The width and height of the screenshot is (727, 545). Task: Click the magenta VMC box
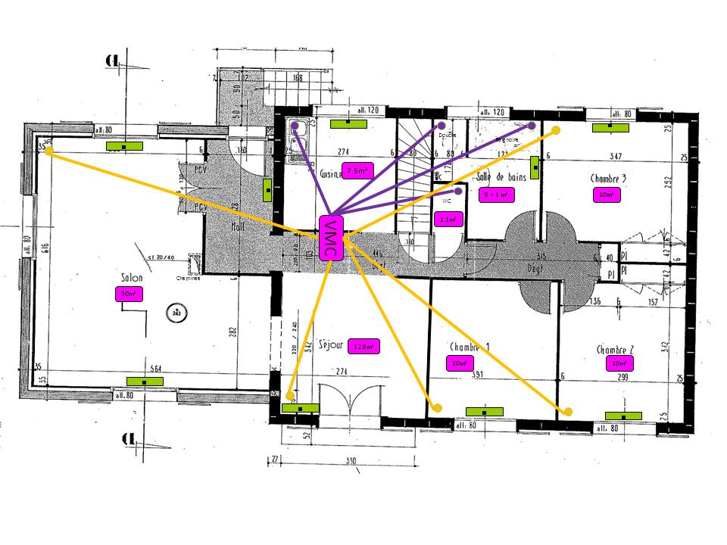pyautogui.click(x=330, y=238)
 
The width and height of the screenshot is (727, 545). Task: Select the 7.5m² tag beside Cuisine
pyautogui.click(x=355, y=171)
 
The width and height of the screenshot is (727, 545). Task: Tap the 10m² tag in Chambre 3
pyautogui.click(x=606, y=195)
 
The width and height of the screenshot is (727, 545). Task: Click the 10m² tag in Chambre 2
pyautogui.click(x=617, y=364)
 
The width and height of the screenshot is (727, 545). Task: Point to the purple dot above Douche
pyautogui.click(x=441, y=125)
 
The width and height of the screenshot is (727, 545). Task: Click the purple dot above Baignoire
pyautogui.click(x=532, y=126)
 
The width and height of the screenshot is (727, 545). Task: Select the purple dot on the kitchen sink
pyautogui.click(x=294, y=126)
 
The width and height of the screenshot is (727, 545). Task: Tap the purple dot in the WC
pyautogui.click(x=458, y=191)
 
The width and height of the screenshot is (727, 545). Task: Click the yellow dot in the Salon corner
pyautogui.click(x=49, y=151)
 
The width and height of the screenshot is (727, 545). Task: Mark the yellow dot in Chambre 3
pyautogui.click(x=555, y=130)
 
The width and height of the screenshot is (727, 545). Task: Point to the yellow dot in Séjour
pyautogui.click(x=290, y=395)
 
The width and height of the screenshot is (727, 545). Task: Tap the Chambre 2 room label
pyautogui.click(x=615, y=350)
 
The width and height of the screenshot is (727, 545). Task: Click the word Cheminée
pyautogui.click(x=187, y=279)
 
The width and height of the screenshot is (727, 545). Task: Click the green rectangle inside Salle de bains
pyautogui.click(x=535, y=167)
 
